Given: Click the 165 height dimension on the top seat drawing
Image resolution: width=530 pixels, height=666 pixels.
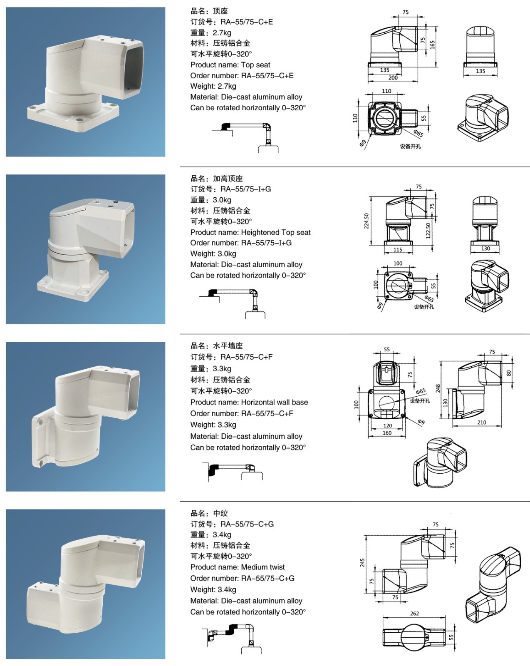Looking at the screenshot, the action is pyautogui.click(x=432, y=45).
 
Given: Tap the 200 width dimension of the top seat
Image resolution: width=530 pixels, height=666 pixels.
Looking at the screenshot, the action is pyautogui.click(x=393, y=78).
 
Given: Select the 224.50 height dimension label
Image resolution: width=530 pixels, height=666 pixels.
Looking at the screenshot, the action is pyautogui.click(x=367, y=221).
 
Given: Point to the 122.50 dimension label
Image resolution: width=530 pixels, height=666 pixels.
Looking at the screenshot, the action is pyautogui.click(x=428, y=231).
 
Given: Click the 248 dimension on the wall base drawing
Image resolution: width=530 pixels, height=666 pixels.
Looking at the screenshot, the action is pyautogui.click(x=438, y=389).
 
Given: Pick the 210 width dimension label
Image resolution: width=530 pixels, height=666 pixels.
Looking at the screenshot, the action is pyautogui.click(x=481, y=422).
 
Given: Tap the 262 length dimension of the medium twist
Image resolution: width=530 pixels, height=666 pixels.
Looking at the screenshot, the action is pyautogui.click(x=414, y=614).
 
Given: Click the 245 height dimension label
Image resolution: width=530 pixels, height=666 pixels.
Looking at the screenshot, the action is pyautogui.click(x=362, y=563).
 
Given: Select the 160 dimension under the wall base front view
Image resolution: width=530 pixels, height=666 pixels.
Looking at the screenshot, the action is pyautogui.click(x=387, y=433).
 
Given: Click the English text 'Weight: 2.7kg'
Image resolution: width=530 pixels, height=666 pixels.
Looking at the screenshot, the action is pyautogui.click(x=213, y=86).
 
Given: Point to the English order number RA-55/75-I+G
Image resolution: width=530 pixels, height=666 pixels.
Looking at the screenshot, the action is pyautogui.click(x=241, y=243).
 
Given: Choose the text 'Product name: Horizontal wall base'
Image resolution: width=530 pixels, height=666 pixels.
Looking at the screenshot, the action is pyautogui.click(x=249, y=403).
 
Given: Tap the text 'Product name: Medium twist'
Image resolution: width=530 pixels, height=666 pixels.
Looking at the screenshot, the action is pyautogui.click(x=237, y=567).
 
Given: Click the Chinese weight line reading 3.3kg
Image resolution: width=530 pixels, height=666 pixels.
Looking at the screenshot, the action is pyautogui.click(x=211, y=369).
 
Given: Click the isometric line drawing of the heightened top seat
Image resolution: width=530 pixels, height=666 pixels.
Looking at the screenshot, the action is pyautogui.click(x=487, y=286).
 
